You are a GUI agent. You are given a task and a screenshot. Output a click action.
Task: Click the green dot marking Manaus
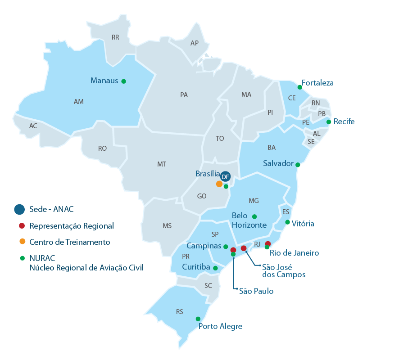123,81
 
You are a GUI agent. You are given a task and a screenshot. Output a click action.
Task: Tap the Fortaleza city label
317,83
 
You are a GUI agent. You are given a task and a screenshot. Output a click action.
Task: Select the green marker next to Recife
329,122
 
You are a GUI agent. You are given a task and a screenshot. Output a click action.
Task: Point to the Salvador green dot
297,165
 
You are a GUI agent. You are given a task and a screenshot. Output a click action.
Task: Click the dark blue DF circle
226,176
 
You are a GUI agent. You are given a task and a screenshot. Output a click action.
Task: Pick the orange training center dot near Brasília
219,184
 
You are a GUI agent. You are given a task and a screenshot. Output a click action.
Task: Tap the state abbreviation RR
115,37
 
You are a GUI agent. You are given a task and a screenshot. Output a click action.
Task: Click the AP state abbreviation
195,43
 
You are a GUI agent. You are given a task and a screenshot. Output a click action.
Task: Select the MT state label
162,164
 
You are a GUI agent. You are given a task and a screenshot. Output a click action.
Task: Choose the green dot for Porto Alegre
198,319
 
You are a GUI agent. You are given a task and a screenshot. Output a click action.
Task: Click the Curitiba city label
196,267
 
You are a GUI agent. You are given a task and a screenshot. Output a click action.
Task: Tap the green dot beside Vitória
287,222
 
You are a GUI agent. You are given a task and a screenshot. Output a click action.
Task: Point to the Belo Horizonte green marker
254,216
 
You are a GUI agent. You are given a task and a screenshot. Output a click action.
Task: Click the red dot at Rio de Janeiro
268,243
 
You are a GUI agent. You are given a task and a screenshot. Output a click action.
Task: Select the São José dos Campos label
283,270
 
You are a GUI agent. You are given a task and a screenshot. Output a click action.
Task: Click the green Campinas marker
226,247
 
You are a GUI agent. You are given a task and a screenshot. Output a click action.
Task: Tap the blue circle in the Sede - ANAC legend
19,209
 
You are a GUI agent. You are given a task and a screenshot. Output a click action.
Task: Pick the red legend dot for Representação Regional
22,226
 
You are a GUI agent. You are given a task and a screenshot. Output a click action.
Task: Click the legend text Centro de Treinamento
70,242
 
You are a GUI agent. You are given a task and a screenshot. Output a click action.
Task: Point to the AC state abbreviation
33,126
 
